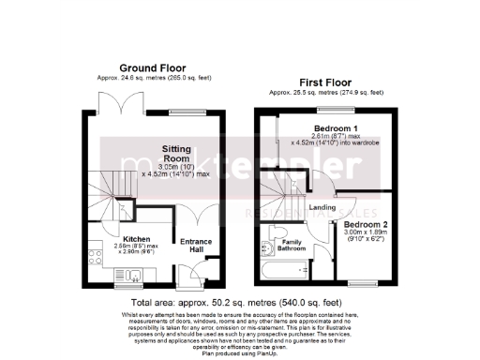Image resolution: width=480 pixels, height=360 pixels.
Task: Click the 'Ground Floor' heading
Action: pyautogui.click(x=152, y=68)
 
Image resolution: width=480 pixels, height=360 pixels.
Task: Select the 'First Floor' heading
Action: pyautogui.click(x=325, y=82)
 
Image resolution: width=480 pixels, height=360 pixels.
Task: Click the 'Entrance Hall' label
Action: pyautogui.click(x=195, y=247)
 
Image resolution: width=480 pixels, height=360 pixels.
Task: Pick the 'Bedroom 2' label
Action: pyautogui.click(x=364, y=226)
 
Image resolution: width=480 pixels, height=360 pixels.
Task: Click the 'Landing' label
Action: pyautogui.click(x=323, y=208)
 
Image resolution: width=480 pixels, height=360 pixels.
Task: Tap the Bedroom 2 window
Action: pyautogui.click(x=361, y=282)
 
